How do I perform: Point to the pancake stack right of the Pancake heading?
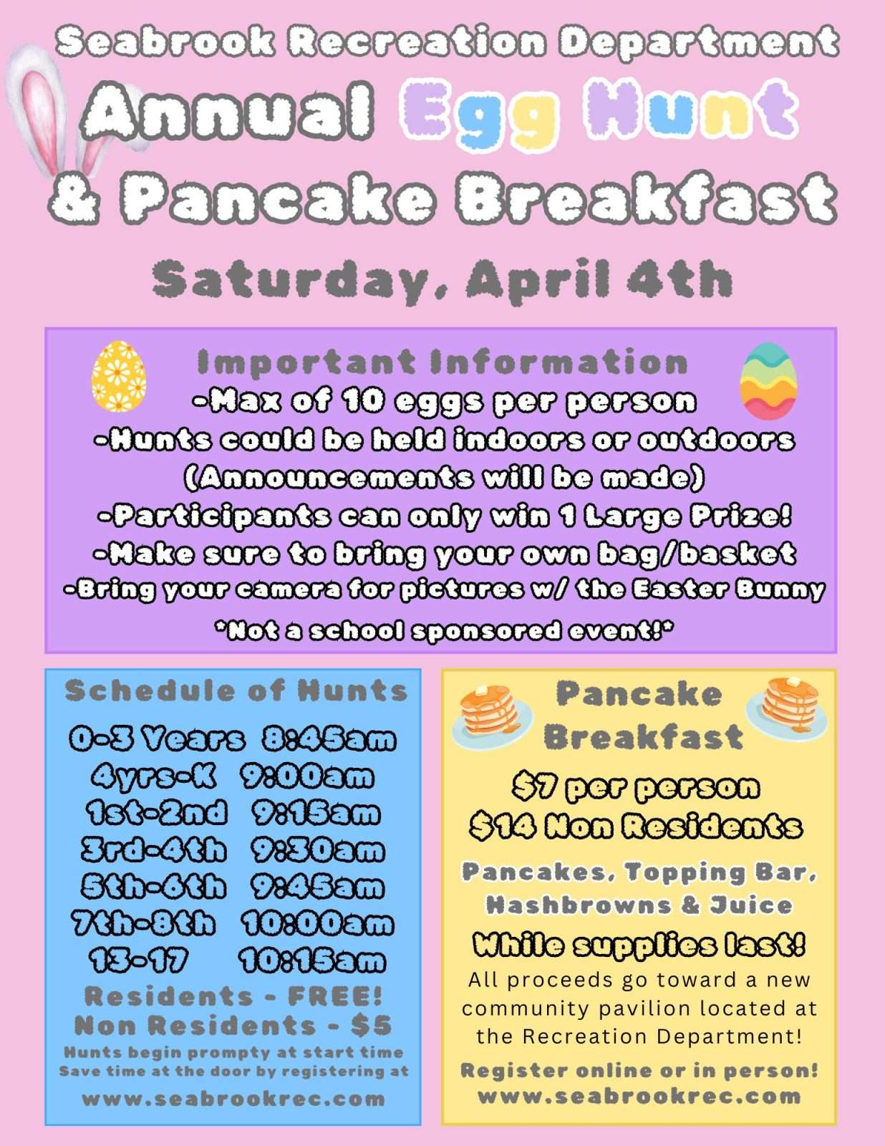[786, 707]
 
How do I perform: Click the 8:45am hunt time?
[329, 738]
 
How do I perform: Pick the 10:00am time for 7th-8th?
[317, 923]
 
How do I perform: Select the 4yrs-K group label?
[153, 776]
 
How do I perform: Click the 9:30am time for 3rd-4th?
[317, 849]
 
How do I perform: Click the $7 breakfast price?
[535, 787]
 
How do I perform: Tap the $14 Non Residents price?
[635, 826]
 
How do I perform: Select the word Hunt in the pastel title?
[691, 109]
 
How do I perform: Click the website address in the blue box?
[233, 1099]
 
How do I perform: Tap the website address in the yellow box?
[639, 1097]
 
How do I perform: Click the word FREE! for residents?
[335, 996]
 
